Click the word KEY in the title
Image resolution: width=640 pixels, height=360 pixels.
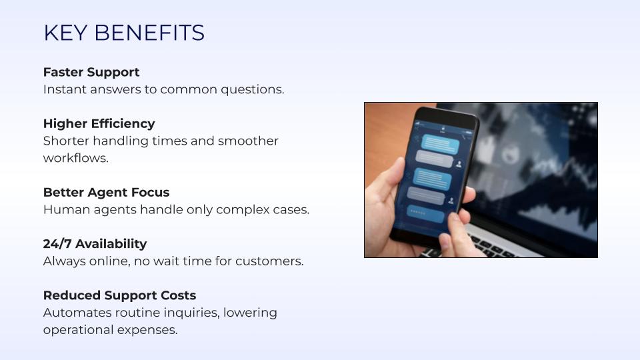[x=65, y=33]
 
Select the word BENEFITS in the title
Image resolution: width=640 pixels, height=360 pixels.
[x=149, y=33]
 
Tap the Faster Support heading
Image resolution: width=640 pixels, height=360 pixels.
[x=91, y=72]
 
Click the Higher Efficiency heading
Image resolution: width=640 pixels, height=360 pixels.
[x=99, y=124]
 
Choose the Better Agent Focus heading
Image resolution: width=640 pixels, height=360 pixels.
[x=106, y=192]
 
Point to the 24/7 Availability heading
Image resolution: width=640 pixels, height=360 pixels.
[x=95, y=244]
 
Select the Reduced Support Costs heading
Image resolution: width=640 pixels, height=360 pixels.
[x=119, y=295]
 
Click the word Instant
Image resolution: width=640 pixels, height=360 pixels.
[x=65, y=89]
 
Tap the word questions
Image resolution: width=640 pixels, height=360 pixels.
[x=253, y=90]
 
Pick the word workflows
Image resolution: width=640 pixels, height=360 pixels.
[x=76, y=158]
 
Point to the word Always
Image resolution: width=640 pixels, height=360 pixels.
[x=64, y=261]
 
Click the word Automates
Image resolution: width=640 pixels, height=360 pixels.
[x=77, y=313]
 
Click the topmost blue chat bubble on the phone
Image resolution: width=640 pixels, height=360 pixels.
[x=440, y=144]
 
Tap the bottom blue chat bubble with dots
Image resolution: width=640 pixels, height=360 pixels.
[x=425, y=214]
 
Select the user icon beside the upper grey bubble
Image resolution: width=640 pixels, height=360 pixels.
[x=459, y=164]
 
